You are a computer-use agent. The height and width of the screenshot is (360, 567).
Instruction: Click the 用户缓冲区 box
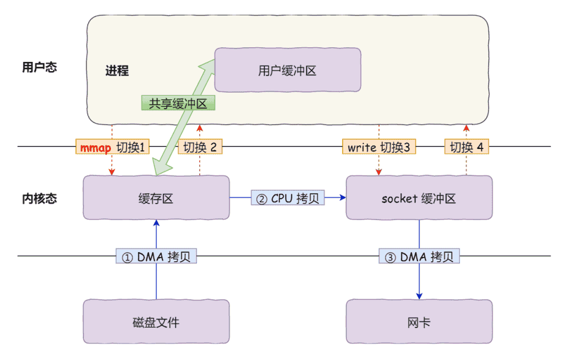(287, 71)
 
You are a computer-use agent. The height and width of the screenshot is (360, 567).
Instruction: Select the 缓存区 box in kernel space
(156, 197)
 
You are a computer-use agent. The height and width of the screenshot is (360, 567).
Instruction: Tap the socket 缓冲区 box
(419, 198)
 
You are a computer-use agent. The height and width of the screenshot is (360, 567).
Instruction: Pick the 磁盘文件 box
(156, 322)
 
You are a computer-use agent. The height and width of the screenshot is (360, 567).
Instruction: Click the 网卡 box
(419, 322)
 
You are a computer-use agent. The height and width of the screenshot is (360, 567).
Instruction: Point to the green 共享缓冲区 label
(178, 103)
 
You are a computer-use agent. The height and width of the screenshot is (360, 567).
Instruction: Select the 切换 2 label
(200, 147)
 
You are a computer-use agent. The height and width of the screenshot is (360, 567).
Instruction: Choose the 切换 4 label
(466, 147)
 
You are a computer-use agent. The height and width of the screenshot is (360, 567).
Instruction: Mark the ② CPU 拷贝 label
(287, 198)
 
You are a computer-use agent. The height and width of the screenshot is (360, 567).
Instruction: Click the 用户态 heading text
(39, 67)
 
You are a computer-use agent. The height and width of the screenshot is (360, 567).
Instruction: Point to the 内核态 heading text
(39, 198)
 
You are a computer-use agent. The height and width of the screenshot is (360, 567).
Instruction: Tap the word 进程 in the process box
(117, 71)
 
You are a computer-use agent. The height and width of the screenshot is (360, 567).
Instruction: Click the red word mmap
(96, 147)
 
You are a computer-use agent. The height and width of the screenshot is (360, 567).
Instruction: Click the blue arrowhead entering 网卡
(419, 295)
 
